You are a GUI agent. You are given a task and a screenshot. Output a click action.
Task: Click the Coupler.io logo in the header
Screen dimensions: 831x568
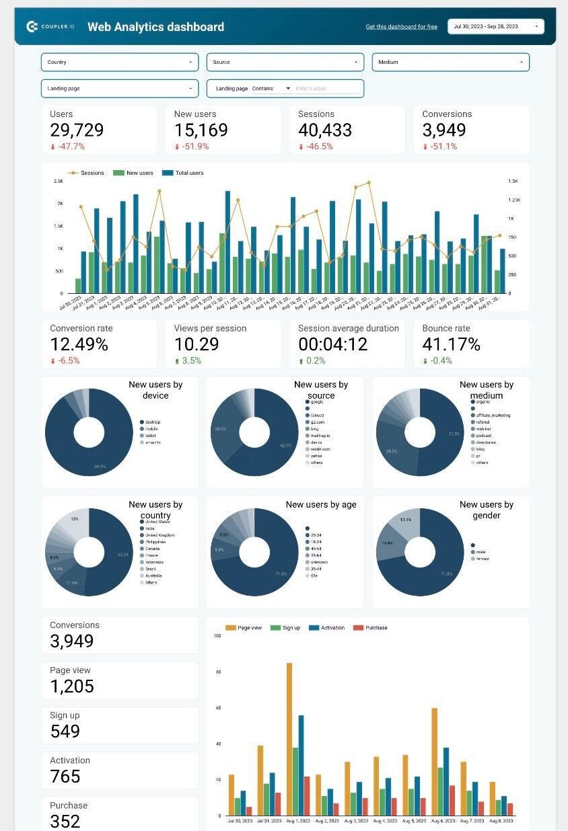click(50, 27)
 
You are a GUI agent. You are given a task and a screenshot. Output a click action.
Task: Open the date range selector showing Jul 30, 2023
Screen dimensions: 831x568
click(495, 26)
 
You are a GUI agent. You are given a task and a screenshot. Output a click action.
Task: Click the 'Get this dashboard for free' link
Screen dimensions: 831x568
click(401, 27)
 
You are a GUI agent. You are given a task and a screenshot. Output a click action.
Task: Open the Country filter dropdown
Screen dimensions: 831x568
click(120, 62)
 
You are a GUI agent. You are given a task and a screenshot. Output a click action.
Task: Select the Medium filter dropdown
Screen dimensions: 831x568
click(450, 62)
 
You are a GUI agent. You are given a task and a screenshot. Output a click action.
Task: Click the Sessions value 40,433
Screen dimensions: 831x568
click(325, 130)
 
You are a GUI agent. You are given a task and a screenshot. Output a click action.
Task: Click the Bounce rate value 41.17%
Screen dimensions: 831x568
click(451, 344)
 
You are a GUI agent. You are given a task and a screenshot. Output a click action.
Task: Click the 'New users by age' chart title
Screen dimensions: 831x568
click(321, 504)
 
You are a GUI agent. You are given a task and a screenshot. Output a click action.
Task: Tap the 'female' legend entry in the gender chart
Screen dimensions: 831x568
click(483, 559)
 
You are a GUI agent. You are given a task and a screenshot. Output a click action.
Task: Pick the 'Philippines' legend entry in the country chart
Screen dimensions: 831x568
click(155, 542)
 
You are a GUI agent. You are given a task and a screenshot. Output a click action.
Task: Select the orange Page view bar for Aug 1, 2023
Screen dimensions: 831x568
click(289, 739)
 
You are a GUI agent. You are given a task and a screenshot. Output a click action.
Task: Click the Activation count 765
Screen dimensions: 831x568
click(65, 777)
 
